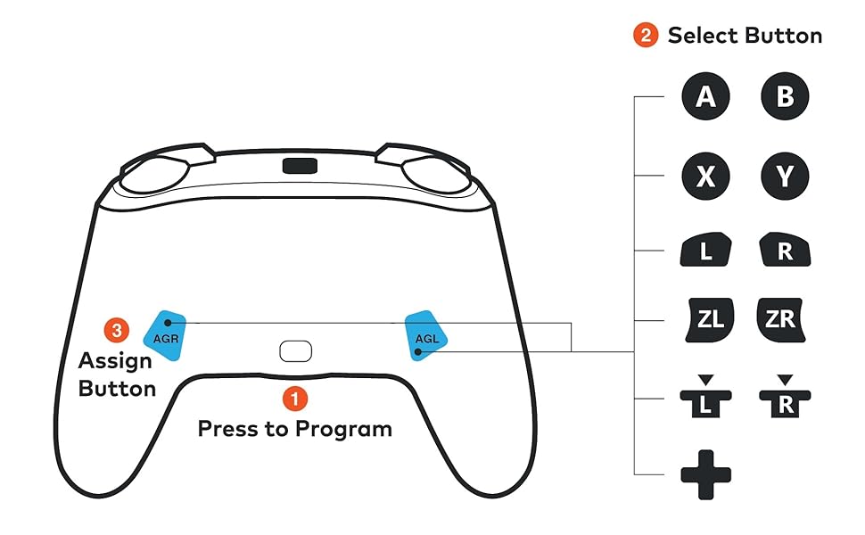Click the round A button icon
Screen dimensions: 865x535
(x=705, y=97)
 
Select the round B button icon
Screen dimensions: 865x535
(x=785, y=97)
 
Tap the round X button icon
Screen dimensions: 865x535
(x=705, y=177)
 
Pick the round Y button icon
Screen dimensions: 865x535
(x=785, y=177)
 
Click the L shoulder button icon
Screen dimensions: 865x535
(x=705, y=251)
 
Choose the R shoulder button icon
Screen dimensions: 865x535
(x=785, y=251)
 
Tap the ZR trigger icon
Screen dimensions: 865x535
(x=781, y=319)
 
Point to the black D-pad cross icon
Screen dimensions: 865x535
(x=705, y=473)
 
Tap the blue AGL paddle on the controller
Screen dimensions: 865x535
(x=426, y=334)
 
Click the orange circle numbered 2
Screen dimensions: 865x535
(x=645, y=36)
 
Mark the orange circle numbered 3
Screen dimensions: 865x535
(x=115, y=330)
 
